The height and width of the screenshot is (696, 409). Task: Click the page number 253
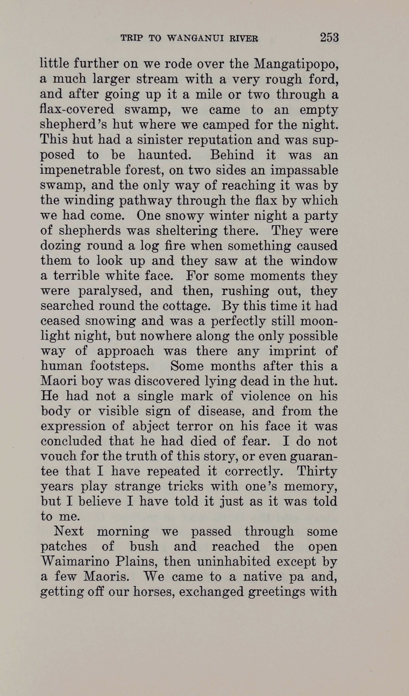point(329,37)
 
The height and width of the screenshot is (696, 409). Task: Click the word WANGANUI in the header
point(193,38)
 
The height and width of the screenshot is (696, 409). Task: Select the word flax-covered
point(77,110)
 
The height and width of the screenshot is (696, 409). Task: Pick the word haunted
point(164,155)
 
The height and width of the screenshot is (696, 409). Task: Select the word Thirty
point(317,471)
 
